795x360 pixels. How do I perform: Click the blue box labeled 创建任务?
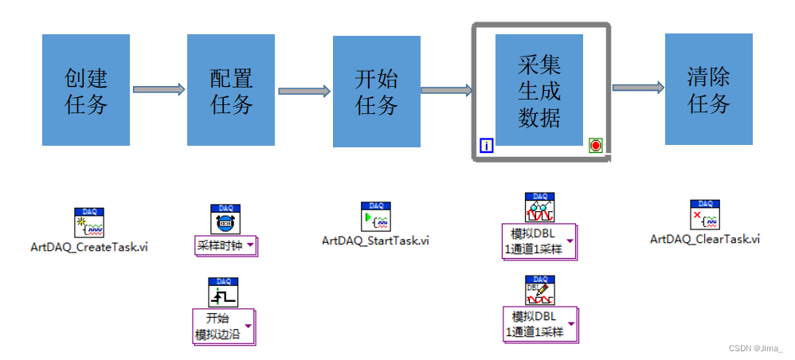coord(86,90)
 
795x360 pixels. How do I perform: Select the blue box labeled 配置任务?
coord(231,90)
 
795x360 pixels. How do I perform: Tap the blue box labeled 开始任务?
coord(377,90)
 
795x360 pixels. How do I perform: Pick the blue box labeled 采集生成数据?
coord(539,90)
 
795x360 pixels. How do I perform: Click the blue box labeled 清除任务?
coord(708,90)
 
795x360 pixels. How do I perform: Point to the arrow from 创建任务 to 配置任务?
coord(158,90)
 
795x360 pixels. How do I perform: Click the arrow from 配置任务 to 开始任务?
coord(304,91)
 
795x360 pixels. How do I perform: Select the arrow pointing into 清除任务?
coord(637,88)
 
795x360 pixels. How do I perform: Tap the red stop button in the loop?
coord(595,145)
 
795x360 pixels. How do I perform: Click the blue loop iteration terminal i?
coord(487,145)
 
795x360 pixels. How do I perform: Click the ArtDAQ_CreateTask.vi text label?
coord(88,247)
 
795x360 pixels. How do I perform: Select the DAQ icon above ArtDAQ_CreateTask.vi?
coord(89,222)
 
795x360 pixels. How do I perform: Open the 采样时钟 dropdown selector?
coord(226,245)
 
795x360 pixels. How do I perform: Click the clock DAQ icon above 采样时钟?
coord(225,219)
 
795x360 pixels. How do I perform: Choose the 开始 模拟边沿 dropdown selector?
coord(225,326)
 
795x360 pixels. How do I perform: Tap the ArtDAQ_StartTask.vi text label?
coord(375,240)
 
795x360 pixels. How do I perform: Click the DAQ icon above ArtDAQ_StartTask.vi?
coord(375,215)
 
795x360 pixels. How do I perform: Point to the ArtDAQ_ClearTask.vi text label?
coord(704,239)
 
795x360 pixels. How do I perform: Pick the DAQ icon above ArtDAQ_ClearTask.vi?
coord(704,214)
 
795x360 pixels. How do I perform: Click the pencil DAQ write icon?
coord(539,290)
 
